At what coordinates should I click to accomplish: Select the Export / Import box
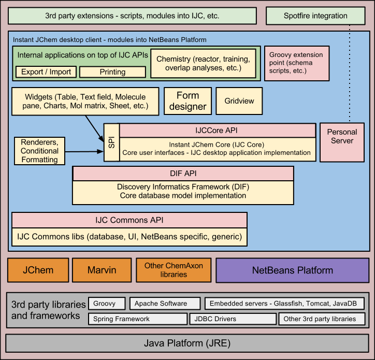(46, 72)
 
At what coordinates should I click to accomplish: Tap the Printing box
(112, 72)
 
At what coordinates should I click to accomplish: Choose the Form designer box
(187, 101)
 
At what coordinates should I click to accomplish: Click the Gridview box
(239, 101)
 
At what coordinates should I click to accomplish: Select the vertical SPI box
(111, 142)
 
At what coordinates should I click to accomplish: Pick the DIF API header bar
(183, 174)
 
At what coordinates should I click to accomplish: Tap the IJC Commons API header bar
(129, 220)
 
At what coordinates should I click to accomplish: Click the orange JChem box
(38, 270)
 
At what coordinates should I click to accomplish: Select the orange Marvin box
(102, 270)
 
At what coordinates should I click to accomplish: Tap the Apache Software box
(164, 304)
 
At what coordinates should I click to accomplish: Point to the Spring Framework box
(136, 319)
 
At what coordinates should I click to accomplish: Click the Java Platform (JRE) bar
(187, 343)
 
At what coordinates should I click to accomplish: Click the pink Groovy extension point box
(296, 63)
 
